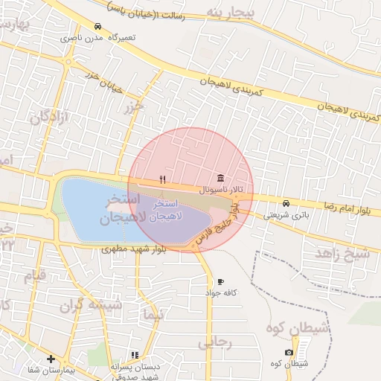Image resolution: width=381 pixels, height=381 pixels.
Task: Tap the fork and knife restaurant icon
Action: pos(162,179)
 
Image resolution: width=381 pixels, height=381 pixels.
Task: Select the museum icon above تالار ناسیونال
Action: pos(221,179)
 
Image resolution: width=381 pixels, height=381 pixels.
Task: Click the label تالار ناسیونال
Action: pos(220,190)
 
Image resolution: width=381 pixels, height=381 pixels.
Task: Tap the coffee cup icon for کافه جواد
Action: pos(220,282)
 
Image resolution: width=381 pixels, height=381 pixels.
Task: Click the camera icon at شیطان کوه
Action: pos(289,352)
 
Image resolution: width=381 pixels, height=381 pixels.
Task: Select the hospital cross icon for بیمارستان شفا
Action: pos(51,359)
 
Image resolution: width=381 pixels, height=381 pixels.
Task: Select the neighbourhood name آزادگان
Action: pos(51,117)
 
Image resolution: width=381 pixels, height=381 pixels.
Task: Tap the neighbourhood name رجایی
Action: pos(216,342)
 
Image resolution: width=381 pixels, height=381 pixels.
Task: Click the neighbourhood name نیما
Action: pos(155,315)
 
